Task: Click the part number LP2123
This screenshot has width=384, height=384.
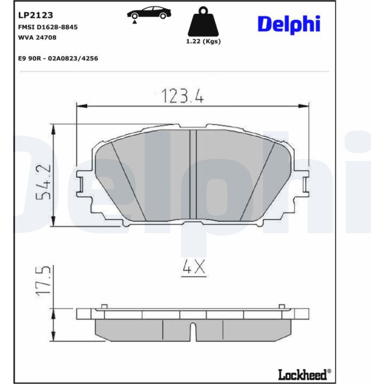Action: pos(35,15)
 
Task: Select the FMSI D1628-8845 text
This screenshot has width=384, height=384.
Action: pos(48,27)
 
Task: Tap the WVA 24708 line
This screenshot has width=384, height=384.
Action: pos(37,38)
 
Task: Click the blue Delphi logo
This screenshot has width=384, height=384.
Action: pos(289,25)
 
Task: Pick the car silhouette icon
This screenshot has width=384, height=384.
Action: pos(149,13)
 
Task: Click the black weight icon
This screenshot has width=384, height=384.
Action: pos(203,22)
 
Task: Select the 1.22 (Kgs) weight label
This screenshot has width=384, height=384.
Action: pos(203,41)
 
